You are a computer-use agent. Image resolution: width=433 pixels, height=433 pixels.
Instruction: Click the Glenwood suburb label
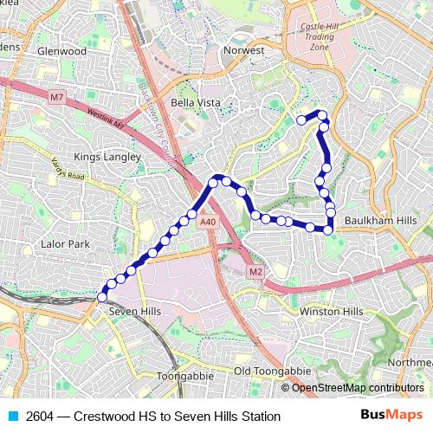(61, 51)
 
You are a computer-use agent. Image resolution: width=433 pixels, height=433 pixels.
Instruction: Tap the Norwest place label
(242, 50)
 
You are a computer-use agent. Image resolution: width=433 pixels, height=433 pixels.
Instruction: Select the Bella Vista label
(195, 103)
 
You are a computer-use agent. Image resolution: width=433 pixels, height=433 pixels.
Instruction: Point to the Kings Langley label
(107, 157)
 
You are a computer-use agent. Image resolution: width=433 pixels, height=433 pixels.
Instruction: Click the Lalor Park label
(65, 244)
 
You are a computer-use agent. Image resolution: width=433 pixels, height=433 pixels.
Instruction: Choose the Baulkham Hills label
(380, 221)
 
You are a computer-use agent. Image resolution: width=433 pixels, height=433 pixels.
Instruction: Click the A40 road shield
(207, 223)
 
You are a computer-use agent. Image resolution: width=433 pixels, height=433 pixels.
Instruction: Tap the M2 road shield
(255, 272)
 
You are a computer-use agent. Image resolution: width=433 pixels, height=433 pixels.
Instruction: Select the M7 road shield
(56, 97)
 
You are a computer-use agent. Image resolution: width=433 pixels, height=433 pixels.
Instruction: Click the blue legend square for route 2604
(12, 417)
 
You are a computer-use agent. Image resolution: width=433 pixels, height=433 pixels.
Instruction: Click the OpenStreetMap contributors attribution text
(357, 388)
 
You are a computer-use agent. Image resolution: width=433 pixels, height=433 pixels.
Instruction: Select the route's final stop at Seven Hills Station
(102, 297)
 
